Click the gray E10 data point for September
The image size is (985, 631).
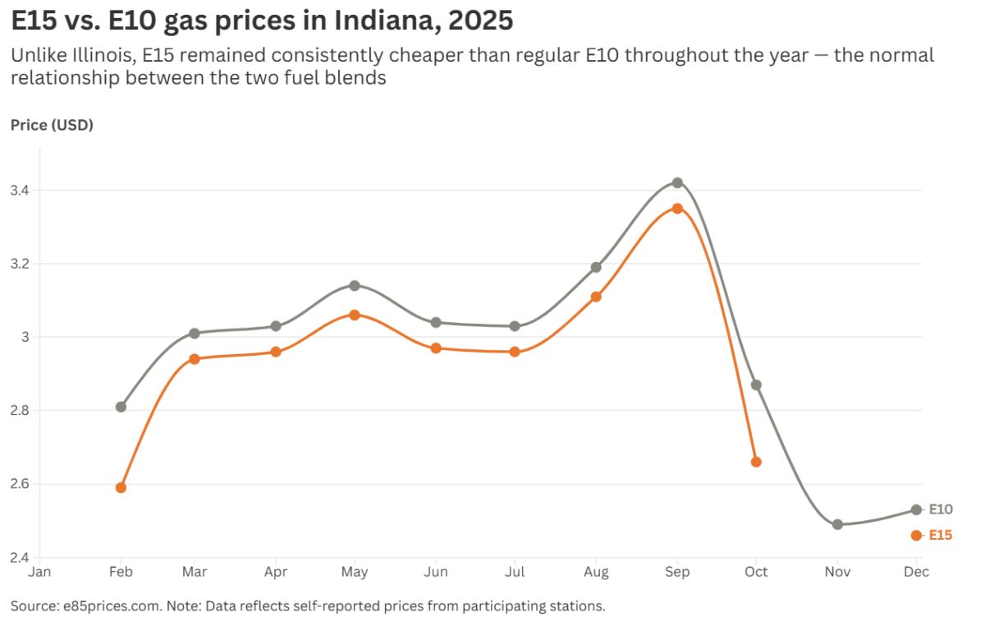(677, 182)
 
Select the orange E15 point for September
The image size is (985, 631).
(677, 209)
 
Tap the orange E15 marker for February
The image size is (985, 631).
(121, 487)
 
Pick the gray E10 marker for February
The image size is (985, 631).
(121, 407)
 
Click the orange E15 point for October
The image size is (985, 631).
(756, 462)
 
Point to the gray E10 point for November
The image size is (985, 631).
(837, 524)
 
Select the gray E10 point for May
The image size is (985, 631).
(355, 285)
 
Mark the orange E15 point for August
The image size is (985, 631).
(596, 297)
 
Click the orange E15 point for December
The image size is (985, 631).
(916, 535)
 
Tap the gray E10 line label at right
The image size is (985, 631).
(941, 509)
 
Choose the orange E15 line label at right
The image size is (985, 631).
(941, 535)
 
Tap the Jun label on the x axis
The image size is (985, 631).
(436, 571)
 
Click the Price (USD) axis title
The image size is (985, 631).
(52, 126)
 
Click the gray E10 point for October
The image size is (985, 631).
(756, 385)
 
